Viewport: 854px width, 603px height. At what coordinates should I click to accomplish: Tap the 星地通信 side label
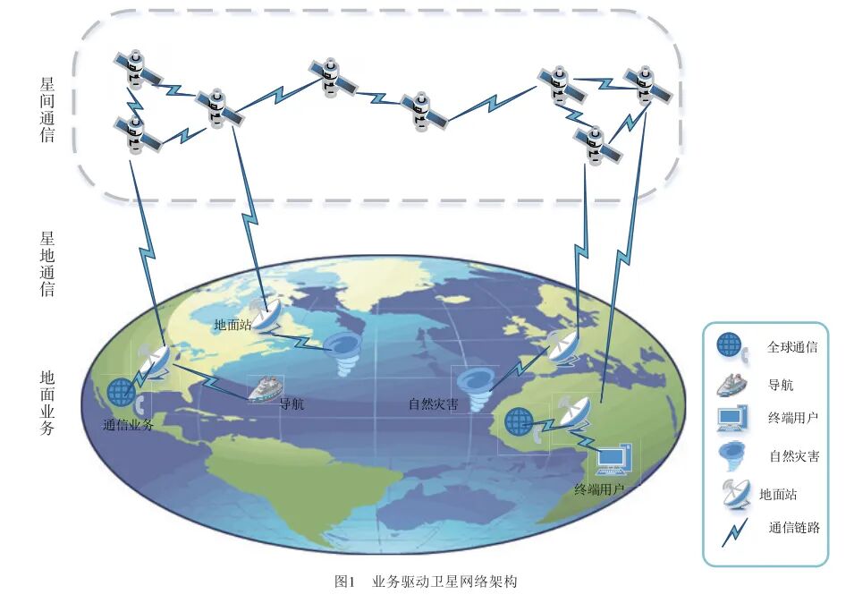(x=47, y=264)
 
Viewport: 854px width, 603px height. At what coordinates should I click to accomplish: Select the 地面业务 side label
(x=47, y=402)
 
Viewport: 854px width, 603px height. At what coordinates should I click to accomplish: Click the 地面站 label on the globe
(x=233, y=325)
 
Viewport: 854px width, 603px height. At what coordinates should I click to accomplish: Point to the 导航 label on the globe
(x=292, y=403)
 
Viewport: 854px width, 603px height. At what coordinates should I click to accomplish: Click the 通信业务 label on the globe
(x=128, y=425)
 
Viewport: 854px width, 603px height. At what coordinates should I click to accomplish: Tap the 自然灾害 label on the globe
(x=434, y=403)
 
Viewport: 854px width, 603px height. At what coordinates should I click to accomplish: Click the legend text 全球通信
(x=792, y=347)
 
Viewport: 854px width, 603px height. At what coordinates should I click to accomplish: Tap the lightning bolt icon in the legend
(x=733, y=531)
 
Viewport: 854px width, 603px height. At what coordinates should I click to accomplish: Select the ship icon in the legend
(x=731, y=383)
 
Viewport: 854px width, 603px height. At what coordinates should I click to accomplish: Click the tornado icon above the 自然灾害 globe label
(x=471, y=386)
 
